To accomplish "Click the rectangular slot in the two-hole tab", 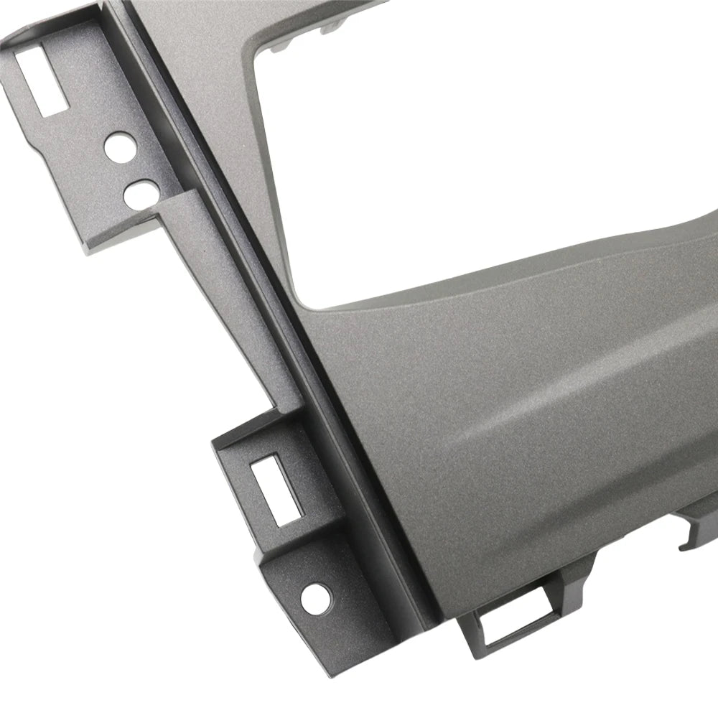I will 39,79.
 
